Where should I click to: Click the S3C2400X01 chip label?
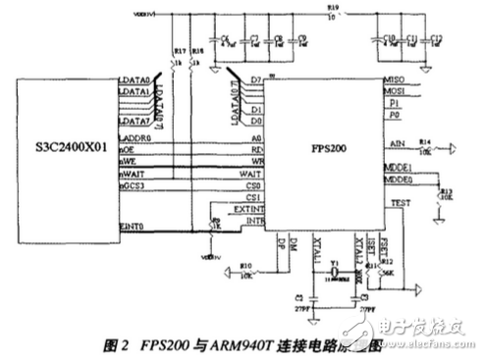[56, 153]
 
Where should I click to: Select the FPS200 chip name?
[322, 153]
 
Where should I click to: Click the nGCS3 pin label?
[132, 183]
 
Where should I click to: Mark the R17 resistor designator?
[177, 50]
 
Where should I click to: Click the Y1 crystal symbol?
[334, 270]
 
